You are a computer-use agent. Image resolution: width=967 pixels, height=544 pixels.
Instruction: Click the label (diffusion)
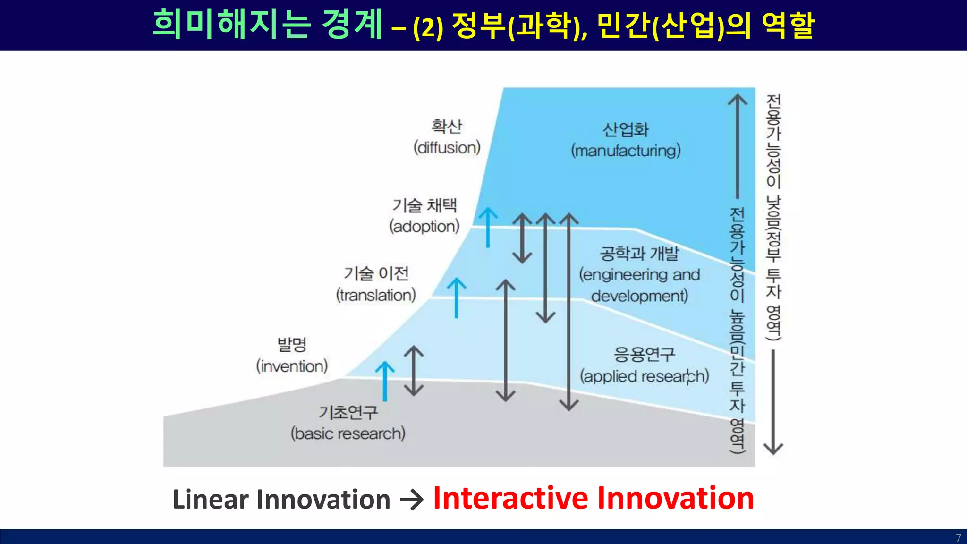click(x=447, y=148)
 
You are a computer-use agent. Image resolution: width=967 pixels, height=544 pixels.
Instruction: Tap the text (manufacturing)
click(x=626, y=151)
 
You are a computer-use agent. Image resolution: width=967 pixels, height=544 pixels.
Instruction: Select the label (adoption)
click(x=424, y=227)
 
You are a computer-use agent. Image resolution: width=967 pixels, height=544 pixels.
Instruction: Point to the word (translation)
click(x=376, y=296)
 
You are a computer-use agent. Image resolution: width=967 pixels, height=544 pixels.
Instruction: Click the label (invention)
click(x=292, y=366)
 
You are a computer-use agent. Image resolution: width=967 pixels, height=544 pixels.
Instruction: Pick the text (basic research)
click(x=348, y=433)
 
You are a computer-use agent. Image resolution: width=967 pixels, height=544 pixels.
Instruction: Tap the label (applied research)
click(x=644, y=376)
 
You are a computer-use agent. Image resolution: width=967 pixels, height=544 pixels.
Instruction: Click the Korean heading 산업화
click(x=626, y=129)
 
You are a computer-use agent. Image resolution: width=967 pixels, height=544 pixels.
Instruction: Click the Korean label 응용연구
click(x=644, y=354)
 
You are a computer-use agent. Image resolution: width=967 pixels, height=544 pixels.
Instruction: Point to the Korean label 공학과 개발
click(x=639, y=254)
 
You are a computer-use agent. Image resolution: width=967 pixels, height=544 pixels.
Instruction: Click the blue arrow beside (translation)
click(x=456, y=297)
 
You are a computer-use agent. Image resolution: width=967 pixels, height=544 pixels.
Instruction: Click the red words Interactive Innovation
click(x=593, y=498)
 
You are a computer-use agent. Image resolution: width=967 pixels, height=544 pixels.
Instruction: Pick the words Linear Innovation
click(x=281, y=500)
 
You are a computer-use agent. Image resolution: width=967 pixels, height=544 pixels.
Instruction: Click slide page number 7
click(x=958, y=537)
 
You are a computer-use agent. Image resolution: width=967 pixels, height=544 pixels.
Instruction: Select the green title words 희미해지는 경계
click(x=267, y=25)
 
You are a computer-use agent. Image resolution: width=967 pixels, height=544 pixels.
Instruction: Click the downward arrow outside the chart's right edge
click(x=773, y=401)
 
